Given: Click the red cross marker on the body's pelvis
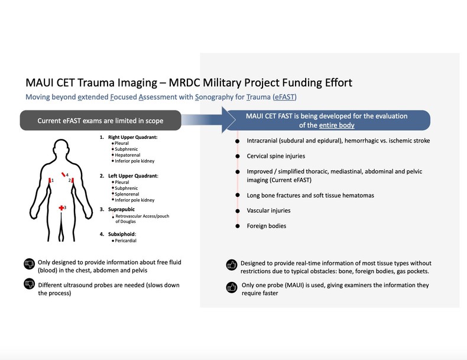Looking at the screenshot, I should click(x=61, y=208).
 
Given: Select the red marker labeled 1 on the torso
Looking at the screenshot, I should click(x=50, y=180).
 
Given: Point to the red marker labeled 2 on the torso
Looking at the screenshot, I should click(x=73, y=180).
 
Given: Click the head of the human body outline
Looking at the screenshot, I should click(x=61, y=148).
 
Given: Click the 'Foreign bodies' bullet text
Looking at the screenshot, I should click(x=267, y=225).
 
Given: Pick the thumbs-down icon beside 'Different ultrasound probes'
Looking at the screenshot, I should click(x=28, y=285).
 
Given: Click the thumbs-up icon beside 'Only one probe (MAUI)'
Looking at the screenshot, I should click(x=231, y=287).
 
